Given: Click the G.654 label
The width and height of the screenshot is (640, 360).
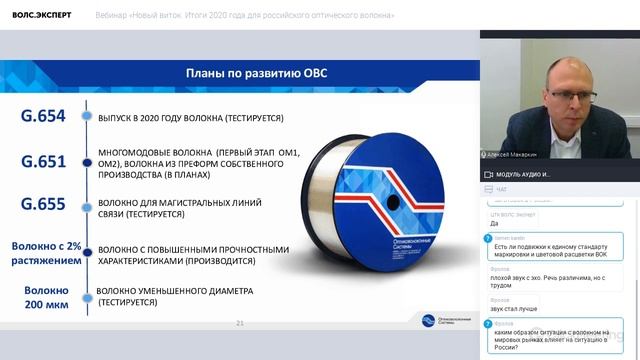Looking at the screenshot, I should coord(43,116).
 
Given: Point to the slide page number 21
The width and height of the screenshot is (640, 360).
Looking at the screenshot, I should coord(239,323).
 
